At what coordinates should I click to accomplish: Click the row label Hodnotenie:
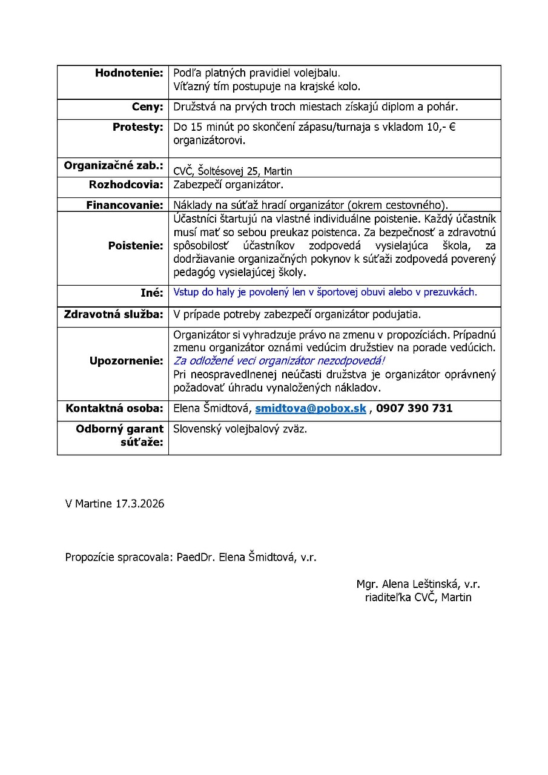tap(129, 73)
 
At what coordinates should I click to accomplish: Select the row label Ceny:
tap(148, 107)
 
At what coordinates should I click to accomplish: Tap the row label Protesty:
tap(137, 127)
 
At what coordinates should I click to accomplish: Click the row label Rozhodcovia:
tap(126, 185)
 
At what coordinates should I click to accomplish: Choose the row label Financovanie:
tap(125, 205)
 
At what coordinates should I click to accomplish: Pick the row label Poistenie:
tap(136, 246)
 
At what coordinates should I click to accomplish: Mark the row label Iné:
tap(152, 292)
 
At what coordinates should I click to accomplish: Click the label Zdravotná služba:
tap(114, 315)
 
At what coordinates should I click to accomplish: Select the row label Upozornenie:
tap(127, 361)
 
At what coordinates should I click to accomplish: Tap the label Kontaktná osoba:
tap(114, 409)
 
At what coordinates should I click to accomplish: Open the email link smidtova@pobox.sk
tap(311, 409)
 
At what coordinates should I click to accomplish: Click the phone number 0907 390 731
tap(414, 409)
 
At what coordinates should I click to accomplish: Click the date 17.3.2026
tap(139, 504)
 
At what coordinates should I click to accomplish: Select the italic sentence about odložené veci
tap(279, 361)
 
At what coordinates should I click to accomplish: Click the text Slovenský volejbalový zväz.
tap(240, 429)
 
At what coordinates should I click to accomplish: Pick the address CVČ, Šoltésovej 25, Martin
tap(233, 171)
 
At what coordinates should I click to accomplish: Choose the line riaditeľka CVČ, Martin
tap(418, 598)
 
